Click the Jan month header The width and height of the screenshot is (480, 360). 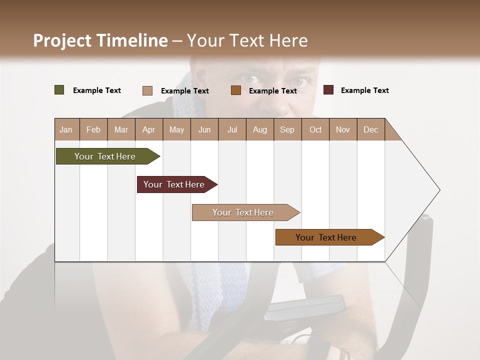[x=66, y=130]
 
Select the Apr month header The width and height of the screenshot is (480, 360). [x=148, y=130]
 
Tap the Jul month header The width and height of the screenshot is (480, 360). [x=232, y=130]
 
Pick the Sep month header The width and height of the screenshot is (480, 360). [x=287, y=130]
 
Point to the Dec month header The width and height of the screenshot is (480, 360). [x=370, y=130]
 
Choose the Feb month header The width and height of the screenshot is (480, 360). [x=93, y=130]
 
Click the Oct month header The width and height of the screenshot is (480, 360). [x=315, y=130]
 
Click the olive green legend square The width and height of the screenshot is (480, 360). [x=59, y=90]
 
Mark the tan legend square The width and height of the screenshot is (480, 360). [x=147, y=90]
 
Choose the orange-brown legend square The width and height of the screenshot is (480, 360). [x=236, y=90]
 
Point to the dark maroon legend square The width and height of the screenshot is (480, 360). [x=328, y=90]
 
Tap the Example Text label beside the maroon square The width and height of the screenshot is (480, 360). [x=364, y=90]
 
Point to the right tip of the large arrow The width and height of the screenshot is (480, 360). [x=439, y=190]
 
